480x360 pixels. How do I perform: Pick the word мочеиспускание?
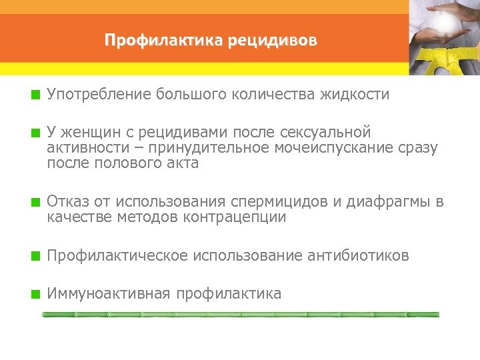point(324,148)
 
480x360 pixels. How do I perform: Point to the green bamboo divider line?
point(240,314)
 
